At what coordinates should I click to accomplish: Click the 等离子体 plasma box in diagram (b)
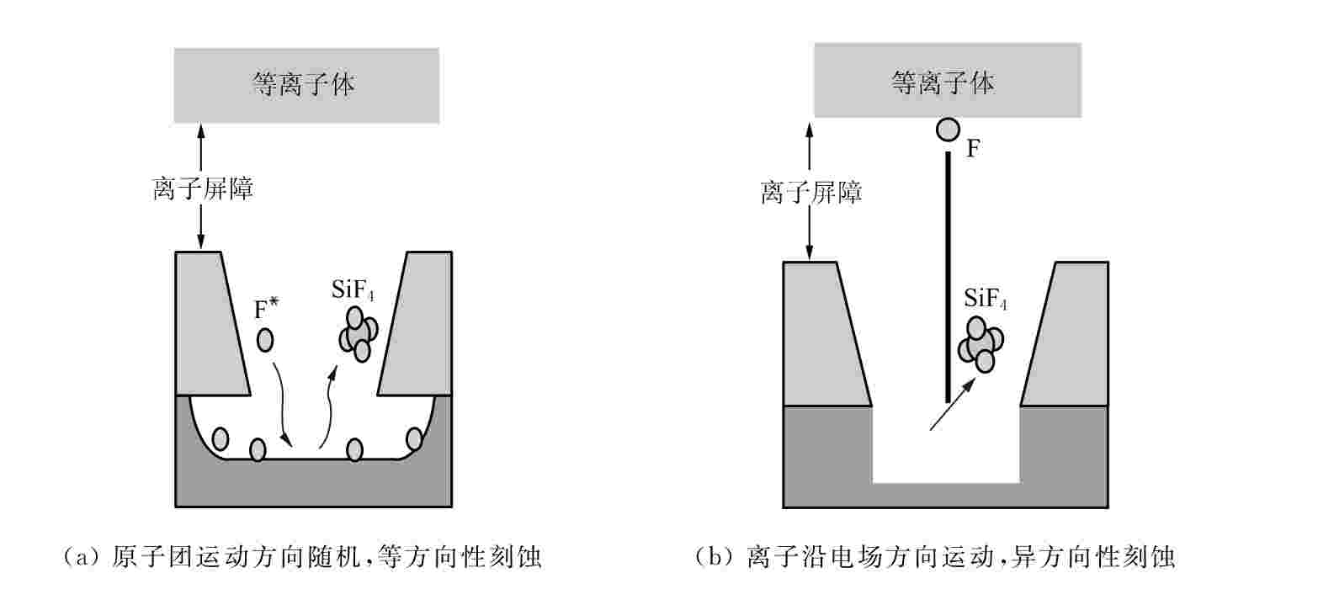tap(947, 82)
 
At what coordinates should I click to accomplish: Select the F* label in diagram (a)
tap(267, 310)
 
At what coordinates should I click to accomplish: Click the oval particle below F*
tap(265, 340)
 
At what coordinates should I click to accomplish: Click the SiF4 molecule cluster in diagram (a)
tap(358, 334)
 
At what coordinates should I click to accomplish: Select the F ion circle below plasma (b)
tap(948, 130)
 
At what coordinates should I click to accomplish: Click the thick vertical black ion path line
tap(948, 278)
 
